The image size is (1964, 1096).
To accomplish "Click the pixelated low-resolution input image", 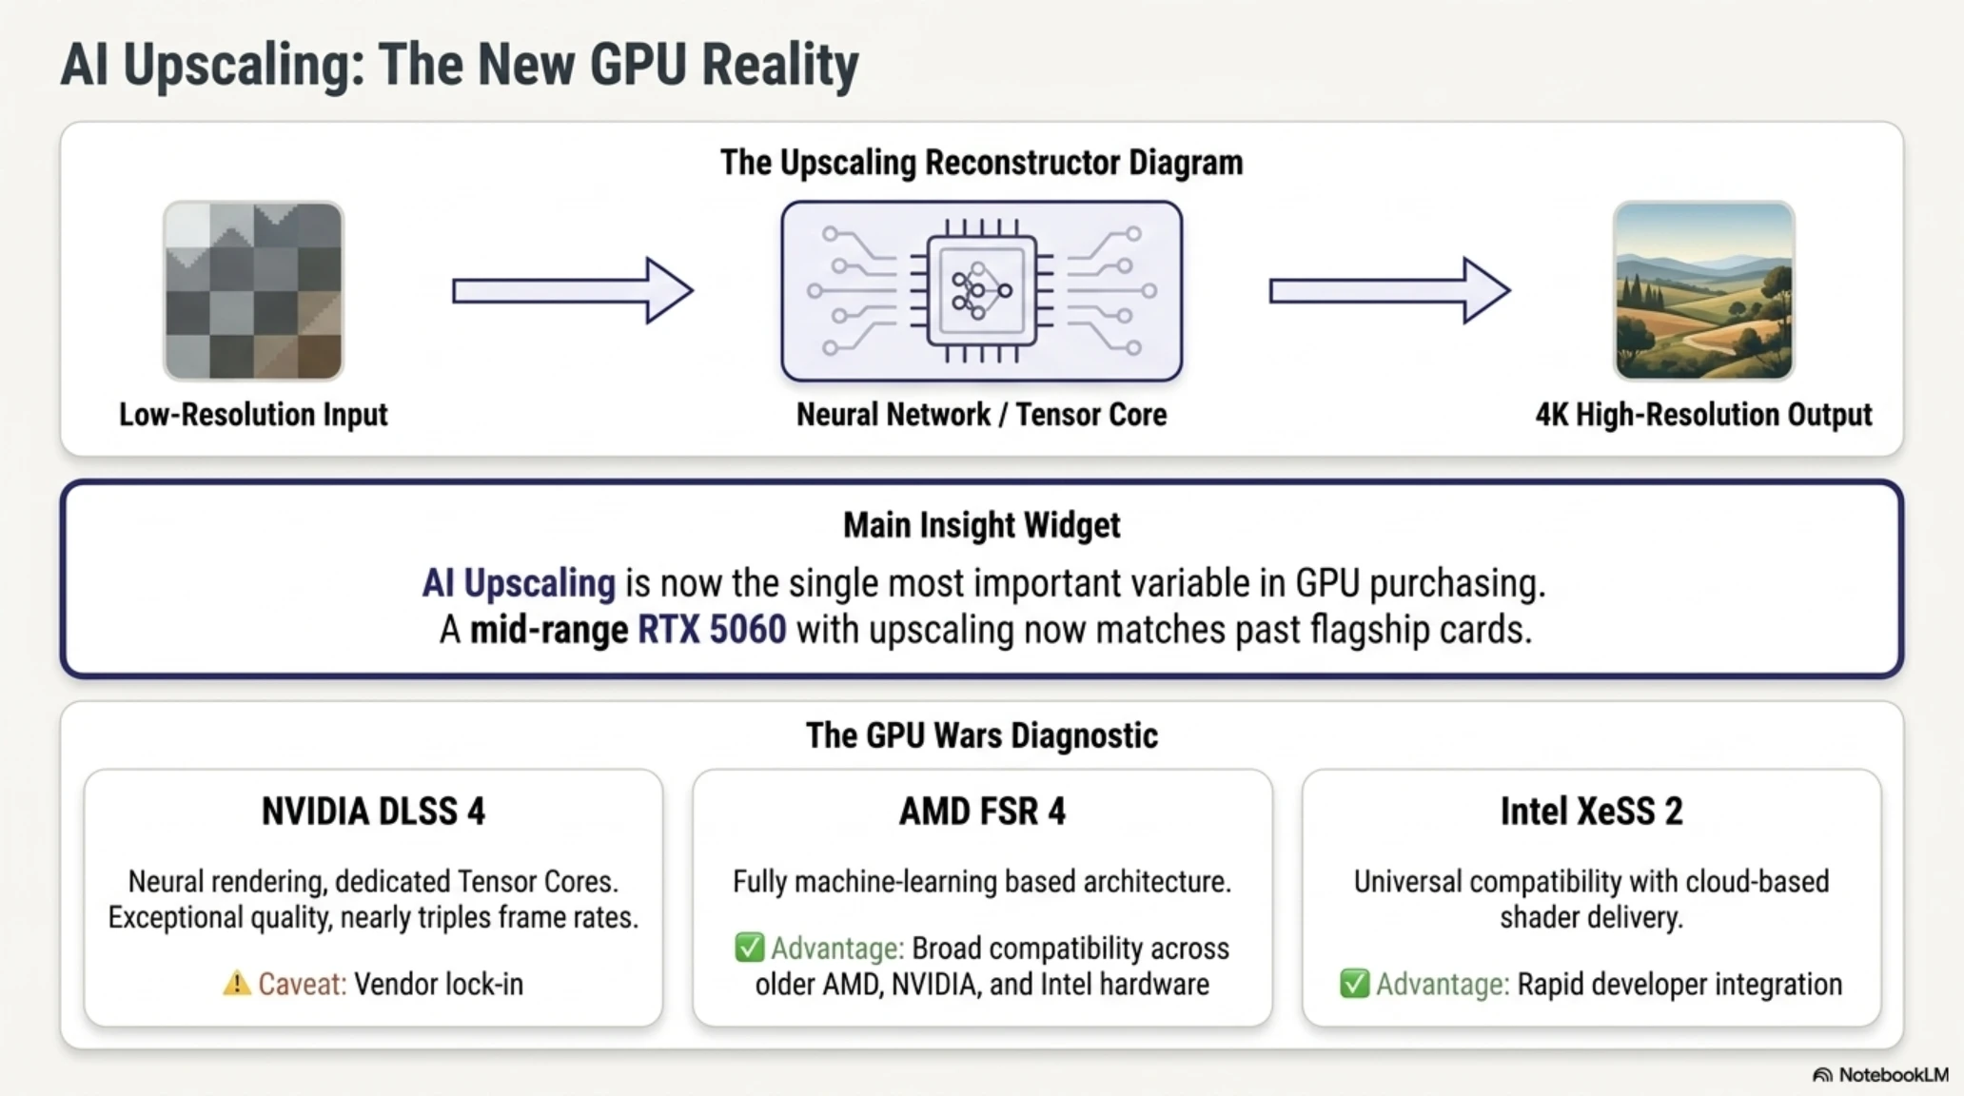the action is point(253,290).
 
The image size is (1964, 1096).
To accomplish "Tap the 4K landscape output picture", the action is point(1703,290).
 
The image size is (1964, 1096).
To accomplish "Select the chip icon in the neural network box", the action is point(982,290).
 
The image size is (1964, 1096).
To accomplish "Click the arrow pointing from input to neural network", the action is point(572,290).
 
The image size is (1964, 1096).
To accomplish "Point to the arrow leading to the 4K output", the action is point(1389,290).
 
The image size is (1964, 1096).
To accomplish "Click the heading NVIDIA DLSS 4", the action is point(373,812).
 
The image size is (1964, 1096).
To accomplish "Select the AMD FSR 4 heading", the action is point(982,812).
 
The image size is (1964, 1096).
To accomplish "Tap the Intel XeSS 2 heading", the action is point(1591,812).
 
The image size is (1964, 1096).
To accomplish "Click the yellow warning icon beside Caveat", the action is point(236,984).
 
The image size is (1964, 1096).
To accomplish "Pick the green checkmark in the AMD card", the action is point(750,948).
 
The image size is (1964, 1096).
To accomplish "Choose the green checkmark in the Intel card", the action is point(1354,984).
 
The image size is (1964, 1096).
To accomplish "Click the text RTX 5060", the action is point(712,630).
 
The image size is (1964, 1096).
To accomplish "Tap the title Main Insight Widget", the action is point(982,525).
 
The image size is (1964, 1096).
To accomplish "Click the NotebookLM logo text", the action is point(1894,1075).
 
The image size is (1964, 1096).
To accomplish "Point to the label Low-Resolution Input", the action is point(253,415).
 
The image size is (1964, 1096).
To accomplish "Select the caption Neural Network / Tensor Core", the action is point(982,415).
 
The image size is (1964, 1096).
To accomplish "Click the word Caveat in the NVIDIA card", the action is point(303,984).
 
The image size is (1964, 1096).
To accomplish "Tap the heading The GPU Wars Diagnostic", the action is point(982,735).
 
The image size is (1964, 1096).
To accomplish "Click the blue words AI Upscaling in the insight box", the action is point(519,583).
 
